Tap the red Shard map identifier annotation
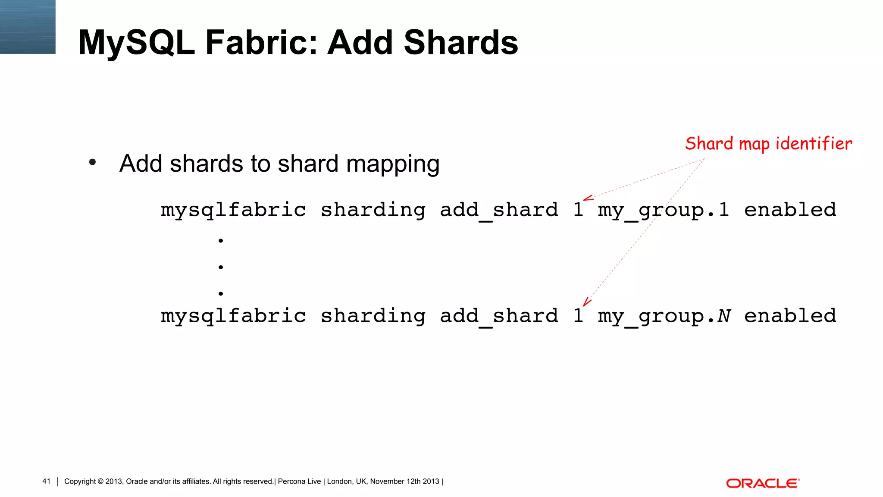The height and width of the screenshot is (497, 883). [768, 144]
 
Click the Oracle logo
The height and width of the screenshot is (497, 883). [762, 483]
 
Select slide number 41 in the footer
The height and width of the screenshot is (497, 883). [46, 481]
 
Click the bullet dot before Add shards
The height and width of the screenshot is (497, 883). [92, 163]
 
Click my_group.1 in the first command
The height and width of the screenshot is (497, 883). [663, 210]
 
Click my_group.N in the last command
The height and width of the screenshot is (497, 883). [664, 316]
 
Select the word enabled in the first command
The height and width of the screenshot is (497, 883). [790, 210]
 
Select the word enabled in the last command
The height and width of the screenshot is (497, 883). [790, 316]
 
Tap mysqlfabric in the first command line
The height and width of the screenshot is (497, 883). [233, 210]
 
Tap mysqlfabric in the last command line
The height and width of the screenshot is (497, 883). [233, 316]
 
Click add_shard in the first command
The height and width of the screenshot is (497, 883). [499, 210]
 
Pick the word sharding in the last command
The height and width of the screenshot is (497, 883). [373, 316]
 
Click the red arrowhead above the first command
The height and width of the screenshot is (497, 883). [587, 198]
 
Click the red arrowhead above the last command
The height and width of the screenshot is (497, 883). [586, 302]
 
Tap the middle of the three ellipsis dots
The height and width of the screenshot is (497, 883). [221, 267]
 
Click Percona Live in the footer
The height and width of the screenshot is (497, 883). [299, 481]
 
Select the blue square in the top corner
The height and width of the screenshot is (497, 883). [28, 27]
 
